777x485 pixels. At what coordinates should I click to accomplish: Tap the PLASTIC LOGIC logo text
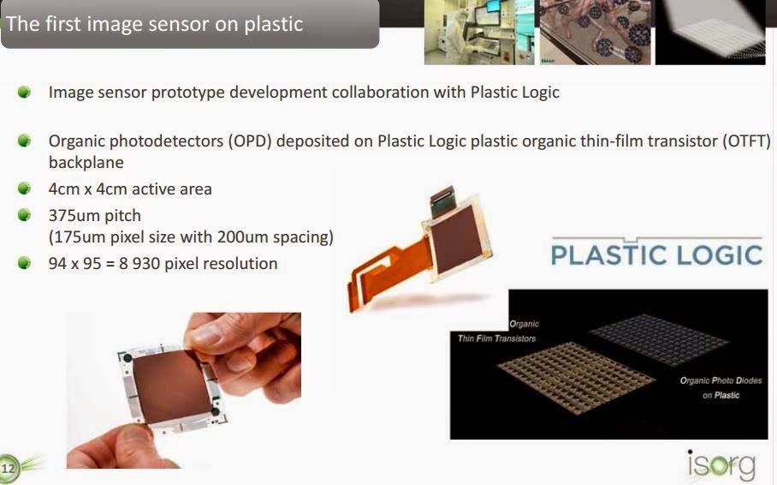tap(656, 254)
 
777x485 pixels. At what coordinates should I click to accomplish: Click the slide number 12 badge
tap(9, 467)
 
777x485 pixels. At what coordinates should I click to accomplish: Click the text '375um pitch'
tap(94, 215)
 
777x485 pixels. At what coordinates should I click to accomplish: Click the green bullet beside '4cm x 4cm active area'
tap(25, 189)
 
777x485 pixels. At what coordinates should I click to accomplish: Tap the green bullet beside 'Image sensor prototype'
tap(25, 92)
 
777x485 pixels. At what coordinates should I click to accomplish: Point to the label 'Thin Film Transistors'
tap(497, 338)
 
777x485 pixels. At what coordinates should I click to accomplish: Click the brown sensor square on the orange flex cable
tap(462, 225)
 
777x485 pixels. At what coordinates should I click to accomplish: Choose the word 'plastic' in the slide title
tap(272, 23)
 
